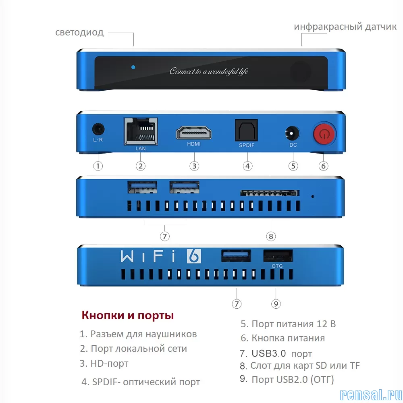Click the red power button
coord(324,134)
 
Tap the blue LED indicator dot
coord(133,67)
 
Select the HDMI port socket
coord(194,133)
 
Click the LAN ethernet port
coord(141,132)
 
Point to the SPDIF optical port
coord(246,130)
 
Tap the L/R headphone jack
coord(98,129)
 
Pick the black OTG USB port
coord(278,256)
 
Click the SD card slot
coord(270,193)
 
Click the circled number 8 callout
coord(271,236)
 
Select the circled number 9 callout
coord(276,304)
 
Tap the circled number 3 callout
coord(194,166)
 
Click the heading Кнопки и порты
coord(128,316)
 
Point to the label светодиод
coord(80,33)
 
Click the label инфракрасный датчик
coord(345,27)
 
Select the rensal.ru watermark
coord(371,395)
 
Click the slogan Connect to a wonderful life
coord(209,71)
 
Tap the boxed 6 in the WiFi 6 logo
coord(194,256)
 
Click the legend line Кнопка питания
coord(283,338)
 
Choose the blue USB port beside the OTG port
coord(236,256)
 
